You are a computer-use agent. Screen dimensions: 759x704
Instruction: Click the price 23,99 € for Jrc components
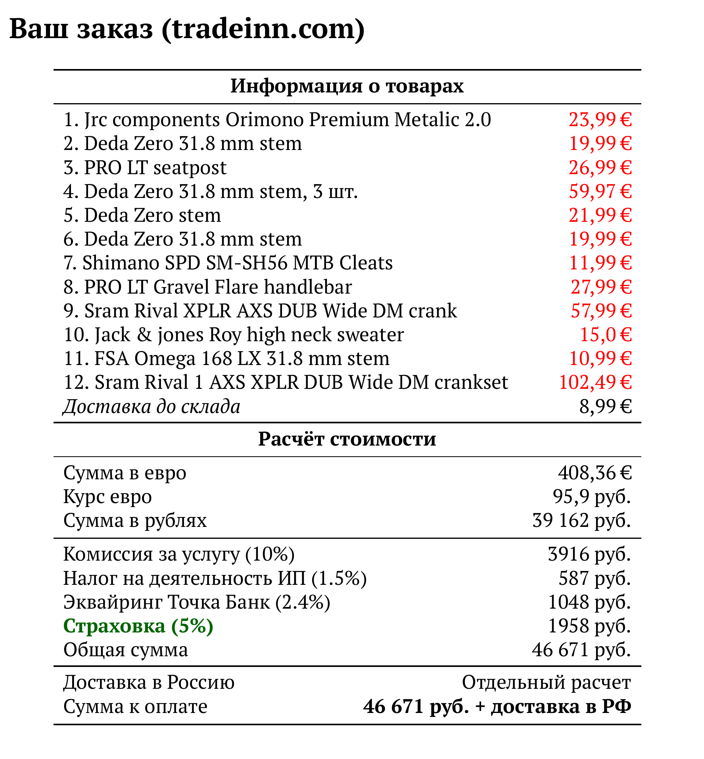pyautogui.click(x=600, y=119)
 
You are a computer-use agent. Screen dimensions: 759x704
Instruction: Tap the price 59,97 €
pyautogui.click(x=600, y=191)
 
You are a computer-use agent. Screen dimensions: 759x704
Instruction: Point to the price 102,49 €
pyautogui.click(x=595, y=382)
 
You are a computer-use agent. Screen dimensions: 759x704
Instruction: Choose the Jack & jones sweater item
pyautogui.click(x=234, y=334)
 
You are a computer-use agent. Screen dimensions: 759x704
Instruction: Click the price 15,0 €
pyautogui.click(x=606, y=334)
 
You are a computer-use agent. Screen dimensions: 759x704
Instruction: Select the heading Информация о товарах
pyautogui.click(x=347, y=86)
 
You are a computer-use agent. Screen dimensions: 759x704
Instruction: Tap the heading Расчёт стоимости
pyautogui.click(x=347, y=439)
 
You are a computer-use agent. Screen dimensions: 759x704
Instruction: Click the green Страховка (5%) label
pyautogui.click(x=138, y=626)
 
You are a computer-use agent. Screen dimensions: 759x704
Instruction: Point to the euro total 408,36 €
pyautogui.click(x=595, y=473)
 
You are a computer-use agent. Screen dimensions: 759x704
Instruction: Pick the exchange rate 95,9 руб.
pyautogui.click(x=592, y=496)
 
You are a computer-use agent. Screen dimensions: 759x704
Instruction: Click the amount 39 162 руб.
pyautogui.click(x=581, y=520)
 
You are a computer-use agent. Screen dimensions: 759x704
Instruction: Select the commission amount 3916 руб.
pyautogui.click(x=589, y=554)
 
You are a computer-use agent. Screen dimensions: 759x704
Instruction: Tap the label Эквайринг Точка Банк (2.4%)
pyautogui.click(x=197, y=602)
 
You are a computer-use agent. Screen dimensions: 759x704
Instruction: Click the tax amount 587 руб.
pyautogui.click(x=595, y=578)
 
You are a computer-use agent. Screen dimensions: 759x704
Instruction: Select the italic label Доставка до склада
pyautogui.click(x=152, y=406)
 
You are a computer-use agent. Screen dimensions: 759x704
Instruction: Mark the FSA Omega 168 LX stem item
pyautogui.click(x=226, y=358)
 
